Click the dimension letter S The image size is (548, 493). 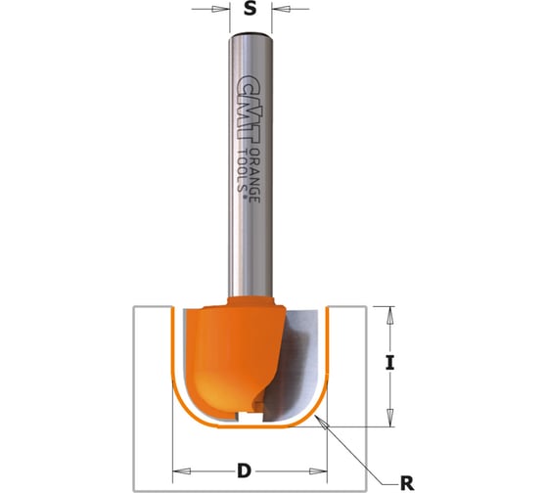click(250, 9)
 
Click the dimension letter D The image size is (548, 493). click(244, 471)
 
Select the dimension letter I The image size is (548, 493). click(390, 363)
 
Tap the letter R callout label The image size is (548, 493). click(406, 484)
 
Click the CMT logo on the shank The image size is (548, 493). click(249, 109)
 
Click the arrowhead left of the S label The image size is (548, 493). click(218, 9)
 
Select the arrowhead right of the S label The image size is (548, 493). click(282, 9)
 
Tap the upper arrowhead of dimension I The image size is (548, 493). click(390, 315)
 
